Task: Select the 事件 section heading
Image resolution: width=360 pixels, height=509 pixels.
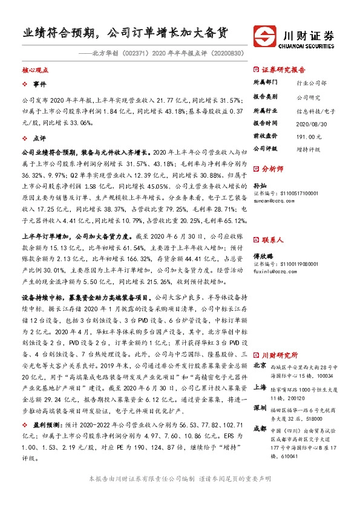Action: coord(39,84)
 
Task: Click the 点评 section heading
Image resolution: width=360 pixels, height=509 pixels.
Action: coord(39,138)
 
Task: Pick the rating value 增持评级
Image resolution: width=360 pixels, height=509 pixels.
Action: coord(308,148)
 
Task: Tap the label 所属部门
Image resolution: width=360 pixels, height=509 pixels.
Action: coord(265,82)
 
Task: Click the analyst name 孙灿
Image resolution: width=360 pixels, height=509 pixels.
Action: coord(260,187)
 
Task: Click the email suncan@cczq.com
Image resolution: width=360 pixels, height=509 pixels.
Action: coord(272,199)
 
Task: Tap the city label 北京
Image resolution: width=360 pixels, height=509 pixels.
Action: coord(260,366)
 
